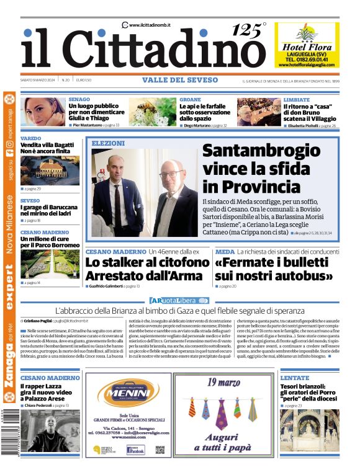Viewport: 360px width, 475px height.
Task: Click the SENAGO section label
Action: tap(79, 99)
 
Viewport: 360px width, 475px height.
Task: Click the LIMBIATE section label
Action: tap(296, 99)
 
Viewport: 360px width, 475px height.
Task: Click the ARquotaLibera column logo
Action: tap(179, 300)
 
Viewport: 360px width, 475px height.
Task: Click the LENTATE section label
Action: tap(294, 378)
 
